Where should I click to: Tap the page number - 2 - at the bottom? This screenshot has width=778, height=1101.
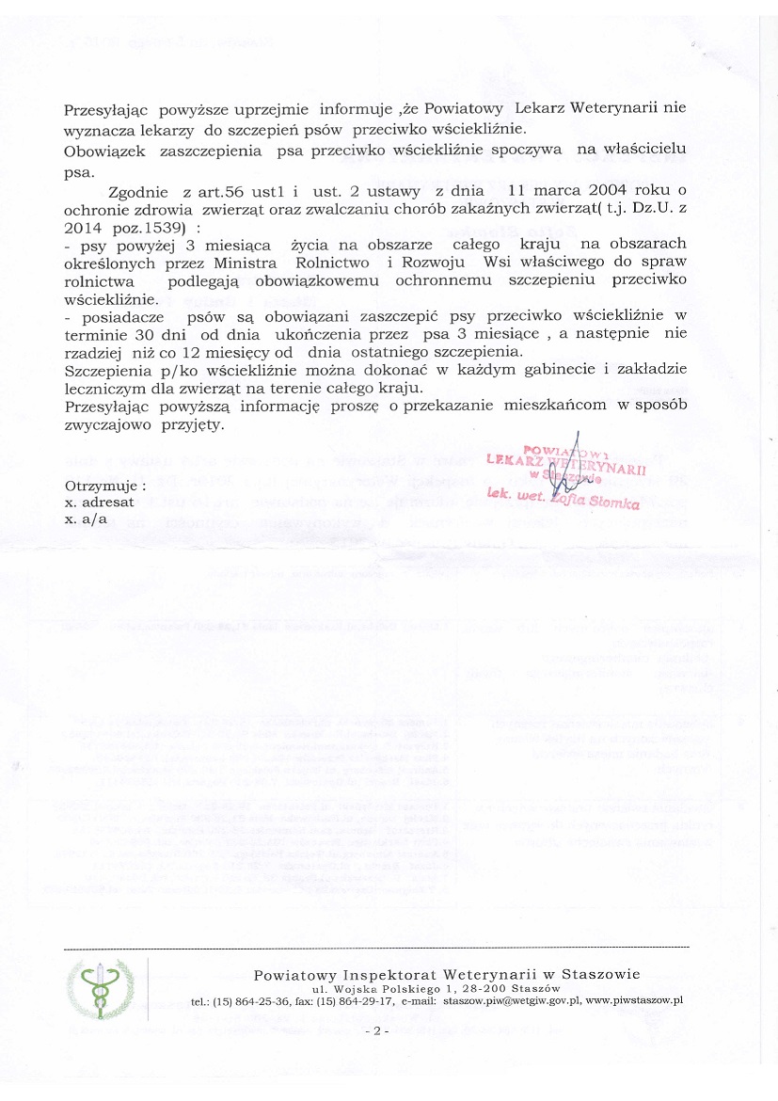[375, 1031]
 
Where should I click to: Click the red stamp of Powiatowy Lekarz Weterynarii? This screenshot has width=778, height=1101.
[564, 471]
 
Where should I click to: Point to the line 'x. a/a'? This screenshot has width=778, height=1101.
[86, 519]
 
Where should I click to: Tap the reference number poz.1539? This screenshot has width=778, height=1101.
[150, 229]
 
